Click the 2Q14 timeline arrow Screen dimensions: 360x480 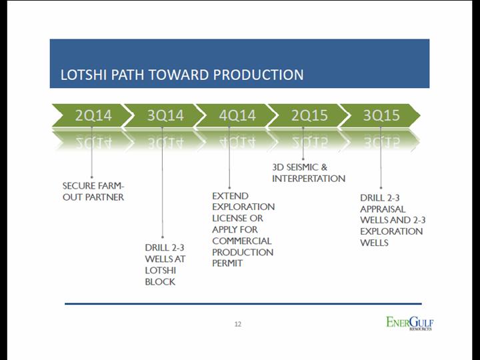click(92, 115)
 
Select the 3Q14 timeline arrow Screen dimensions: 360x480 click(165, 115)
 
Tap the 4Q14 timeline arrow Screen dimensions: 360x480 click(237, 115)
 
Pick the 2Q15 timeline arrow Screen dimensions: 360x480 click(309, 115)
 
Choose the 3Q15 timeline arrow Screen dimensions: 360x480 click(381, 115)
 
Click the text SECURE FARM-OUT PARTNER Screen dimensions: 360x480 click(93, 191)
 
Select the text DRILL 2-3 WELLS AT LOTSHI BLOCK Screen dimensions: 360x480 click(165, 265)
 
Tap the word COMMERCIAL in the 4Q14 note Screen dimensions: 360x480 click(242, 241)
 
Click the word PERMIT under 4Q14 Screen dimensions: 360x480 click(227, 263)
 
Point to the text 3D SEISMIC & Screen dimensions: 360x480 click(300, 167)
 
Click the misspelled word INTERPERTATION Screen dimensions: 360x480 click(309, 179)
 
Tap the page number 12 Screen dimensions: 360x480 click(237, 325)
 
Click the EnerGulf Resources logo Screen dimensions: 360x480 click(410, 323)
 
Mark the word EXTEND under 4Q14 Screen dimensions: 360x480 click(230, 196)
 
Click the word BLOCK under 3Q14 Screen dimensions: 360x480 click(160, 281)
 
